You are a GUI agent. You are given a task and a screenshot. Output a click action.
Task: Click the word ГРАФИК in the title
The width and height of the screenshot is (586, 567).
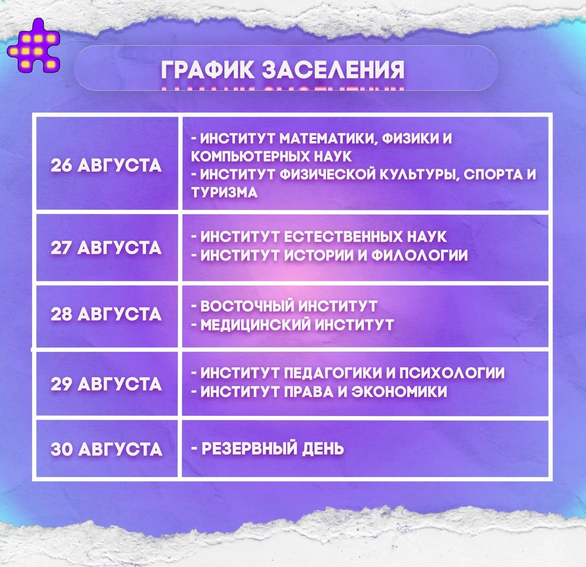207,70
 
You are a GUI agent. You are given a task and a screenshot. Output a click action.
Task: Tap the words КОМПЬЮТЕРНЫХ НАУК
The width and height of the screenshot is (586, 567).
271,156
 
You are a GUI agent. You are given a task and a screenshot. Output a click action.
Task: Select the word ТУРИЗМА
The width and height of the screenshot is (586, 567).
224,192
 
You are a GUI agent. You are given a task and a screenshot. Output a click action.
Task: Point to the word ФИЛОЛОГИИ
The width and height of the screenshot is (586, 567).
419,255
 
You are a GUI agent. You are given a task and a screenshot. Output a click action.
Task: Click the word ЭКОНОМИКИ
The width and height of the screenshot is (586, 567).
399,391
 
